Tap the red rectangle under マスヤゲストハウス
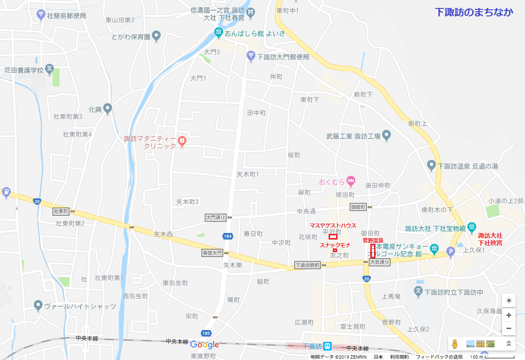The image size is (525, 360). click(333, 236)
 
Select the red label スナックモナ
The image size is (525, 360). click(335, 245)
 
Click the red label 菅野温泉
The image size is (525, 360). click(373, 240)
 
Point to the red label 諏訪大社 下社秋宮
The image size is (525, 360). click(490, 239)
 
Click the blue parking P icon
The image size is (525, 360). click(451, 252)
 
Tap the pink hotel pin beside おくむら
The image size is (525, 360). click(351, 181)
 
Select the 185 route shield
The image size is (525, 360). click(205, 332)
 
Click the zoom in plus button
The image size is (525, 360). click(509, 315)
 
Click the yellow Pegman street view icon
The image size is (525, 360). click(454, 344)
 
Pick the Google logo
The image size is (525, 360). click(205, 345)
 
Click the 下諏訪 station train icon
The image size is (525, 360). click(328, 346)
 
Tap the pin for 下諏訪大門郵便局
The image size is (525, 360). click(251, 57)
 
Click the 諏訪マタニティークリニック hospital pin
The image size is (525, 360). click(182, 140)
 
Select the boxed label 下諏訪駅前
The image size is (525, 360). click(307, 265)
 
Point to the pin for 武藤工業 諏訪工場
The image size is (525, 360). click(386, 136)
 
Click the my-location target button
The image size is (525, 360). click(509, 300)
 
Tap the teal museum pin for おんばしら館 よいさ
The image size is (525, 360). click(218, 33)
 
